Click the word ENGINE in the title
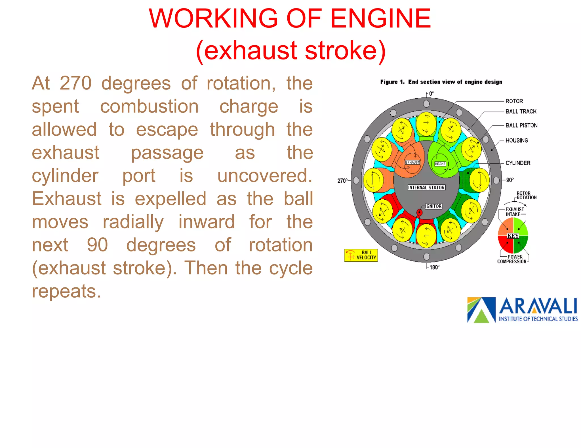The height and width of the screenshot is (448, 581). [x=380, y=19]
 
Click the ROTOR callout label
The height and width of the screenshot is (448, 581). [x=514, y=101]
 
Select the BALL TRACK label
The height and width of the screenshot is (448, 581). [x=521, y=112]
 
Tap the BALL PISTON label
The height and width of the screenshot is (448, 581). [x=521, y=125]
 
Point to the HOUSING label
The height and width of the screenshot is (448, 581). [x=517, y=140]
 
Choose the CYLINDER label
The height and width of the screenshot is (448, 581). [x=518, y=163]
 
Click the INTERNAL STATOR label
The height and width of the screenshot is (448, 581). [x=426, y=187]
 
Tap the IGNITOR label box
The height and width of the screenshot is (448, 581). [x=433, y=206]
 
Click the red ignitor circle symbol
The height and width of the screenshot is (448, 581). [x=419, y=212]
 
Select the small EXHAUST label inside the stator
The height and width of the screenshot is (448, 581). [x=412, y=162]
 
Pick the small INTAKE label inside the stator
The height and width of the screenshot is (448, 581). [x=440, y=164]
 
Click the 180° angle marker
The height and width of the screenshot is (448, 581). [x=434, y=267]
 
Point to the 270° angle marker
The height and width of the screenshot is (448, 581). [x=342, y=181]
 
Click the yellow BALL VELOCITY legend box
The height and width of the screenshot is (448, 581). [x=361, y=255]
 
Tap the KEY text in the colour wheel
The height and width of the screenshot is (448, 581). [x=513, y=236]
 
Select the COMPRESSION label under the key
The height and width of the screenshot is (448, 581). [x=511, y=261]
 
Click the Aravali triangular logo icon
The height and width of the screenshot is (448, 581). [x=481, y=310]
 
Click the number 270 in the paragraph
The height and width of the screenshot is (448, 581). [x=75, y=84]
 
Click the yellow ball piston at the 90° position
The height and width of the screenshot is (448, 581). [x=479, y=180]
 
